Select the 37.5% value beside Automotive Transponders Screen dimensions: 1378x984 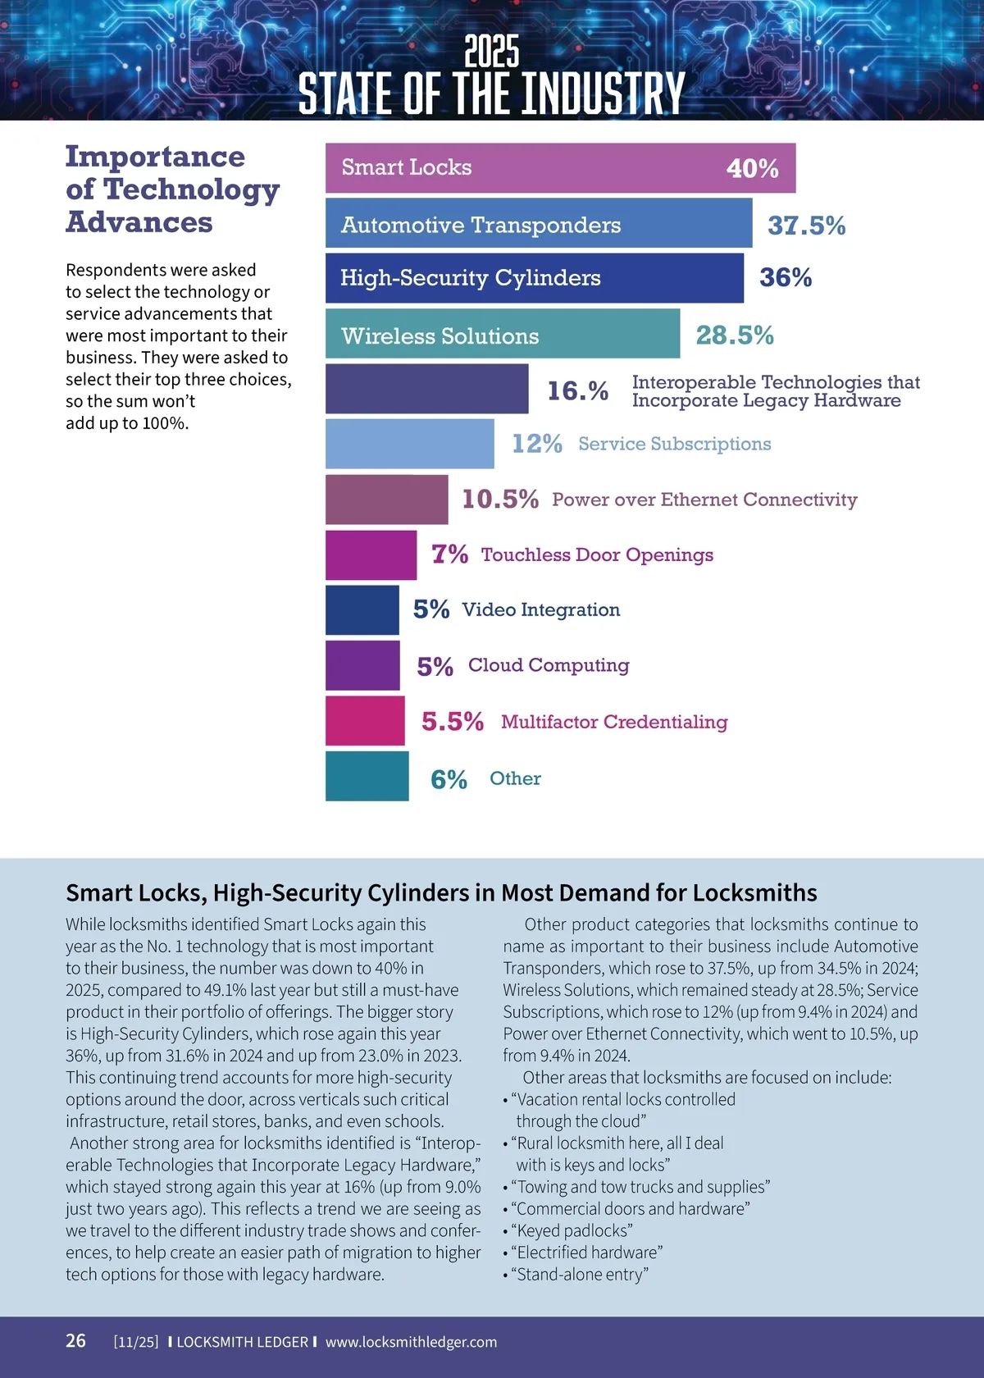[806, 226]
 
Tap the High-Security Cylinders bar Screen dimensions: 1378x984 [534, 278]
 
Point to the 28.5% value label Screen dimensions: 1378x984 [735, 335]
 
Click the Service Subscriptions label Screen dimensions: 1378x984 [674, 444]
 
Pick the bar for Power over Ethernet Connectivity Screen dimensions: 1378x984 [386, 500]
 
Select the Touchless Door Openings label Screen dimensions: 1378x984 [597, 555]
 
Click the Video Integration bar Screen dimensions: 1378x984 [362, 609]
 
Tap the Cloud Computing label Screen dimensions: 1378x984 [549, 665]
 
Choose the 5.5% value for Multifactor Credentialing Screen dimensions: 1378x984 [452, 722]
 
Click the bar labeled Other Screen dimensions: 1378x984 [367, 776]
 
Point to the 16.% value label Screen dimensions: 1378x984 [577, 391]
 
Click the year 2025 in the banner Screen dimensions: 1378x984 [492, 52]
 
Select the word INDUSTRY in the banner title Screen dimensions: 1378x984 [603, 94]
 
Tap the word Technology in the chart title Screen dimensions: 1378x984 [192, 189]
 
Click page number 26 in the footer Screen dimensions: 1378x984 [75, 1340]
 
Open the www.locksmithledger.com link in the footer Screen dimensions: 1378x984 [411, 1342]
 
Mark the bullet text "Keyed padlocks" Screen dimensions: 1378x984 [574, 1230]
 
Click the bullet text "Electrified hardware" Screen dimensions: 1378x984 [589, 1253]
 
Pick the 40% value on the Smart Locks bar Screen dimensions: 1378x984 [752, 169]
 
